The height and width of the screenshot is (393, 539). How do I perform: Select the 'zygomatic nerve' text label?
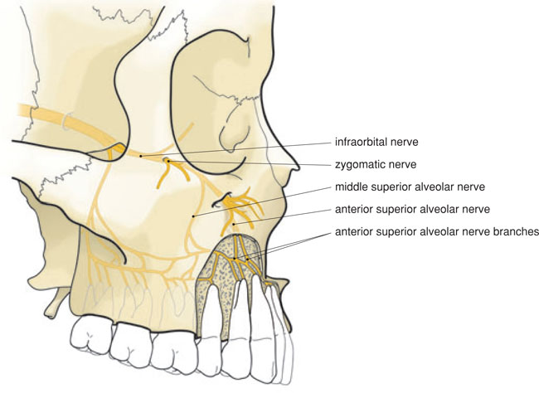coord(369,164)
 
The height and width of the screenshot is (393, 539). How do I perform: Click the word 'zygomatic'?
coord(357,164)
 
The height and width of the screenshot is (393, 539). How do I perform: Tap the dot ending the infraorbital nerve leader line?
coord(141,155)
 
